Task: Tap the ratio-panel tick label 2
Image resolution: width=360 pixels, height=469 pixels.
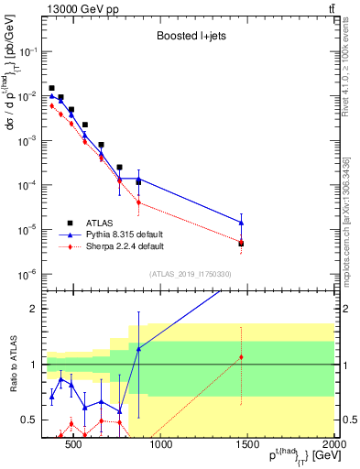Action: coord(33,309)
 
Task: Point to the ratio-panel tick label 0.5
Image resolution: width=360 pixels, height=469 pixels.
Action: coord(30,420)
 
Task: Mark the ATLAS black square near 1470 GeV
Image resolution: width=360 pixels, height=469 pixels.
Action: coord(241,244)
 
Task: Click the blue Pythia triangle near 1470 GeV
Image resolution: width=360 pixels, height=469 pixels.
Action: coord(241,222)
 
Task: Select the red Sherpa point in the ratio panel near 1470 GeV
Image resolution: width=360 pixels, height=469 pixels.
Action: coord(241,357)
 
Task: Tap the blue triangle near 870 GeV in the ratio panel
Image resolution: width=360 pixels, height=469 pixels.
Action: coord(138,349)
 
